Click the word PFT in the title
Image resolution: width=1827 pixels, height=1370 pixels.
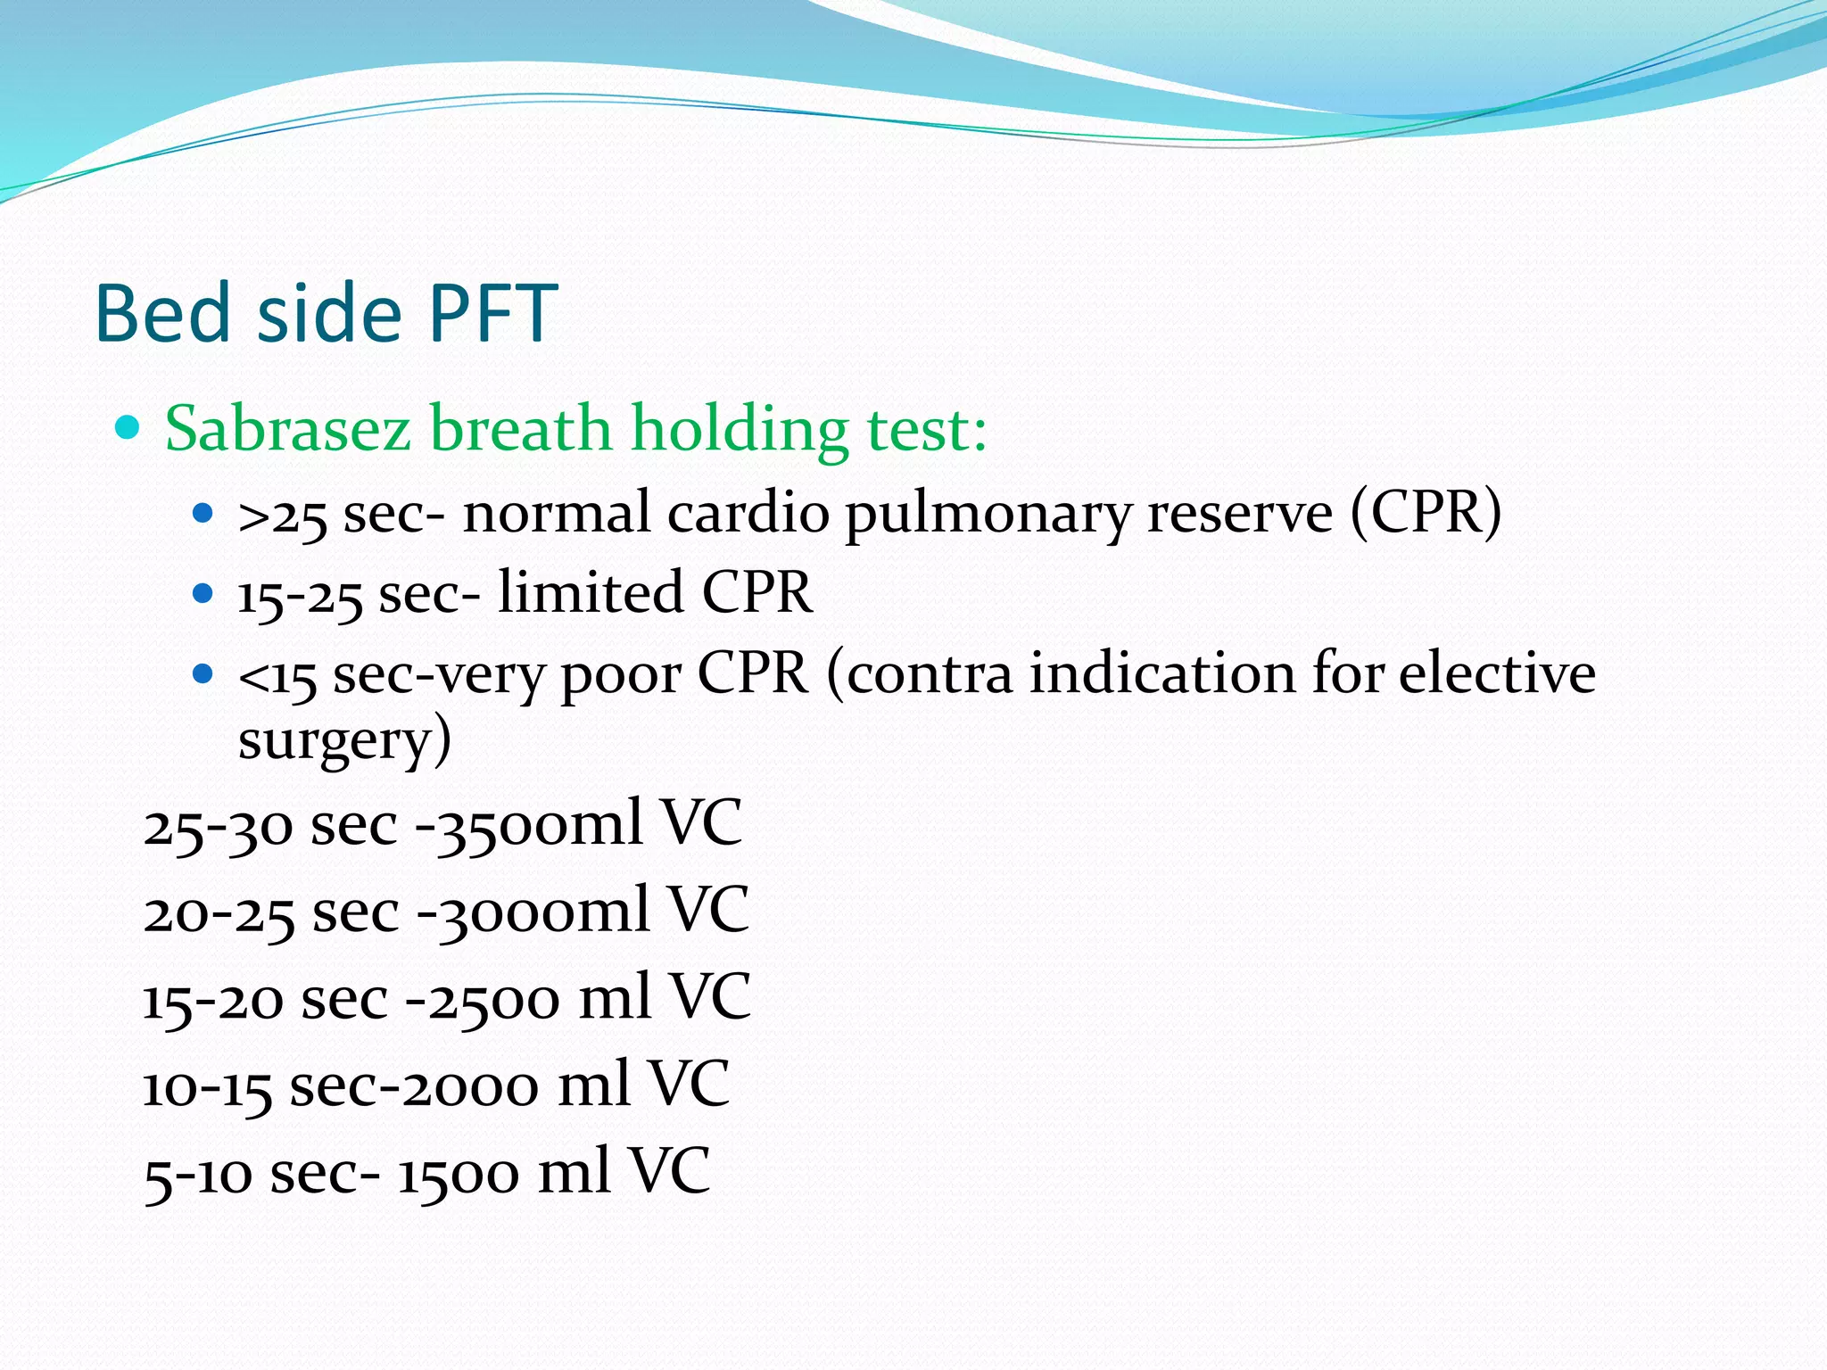(x=492, y=313)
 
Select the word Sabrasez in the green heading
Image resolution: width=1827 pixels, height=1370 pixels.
(x=287, y=429)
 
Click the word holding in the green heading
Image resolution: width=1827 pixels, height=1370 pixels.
(x=740, y=429)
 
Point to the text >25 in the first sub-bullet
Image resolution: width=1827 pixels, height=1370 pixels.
(x=282, y=516)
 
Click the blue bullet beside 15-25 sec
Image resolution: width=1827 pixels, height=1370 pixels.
(x=203, y=593)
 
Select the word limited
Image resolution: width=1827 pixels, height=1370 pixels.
(x=591, y=592)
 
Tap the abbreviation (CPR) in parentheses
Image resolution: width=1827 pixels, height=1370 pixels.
(x=1426, y=514)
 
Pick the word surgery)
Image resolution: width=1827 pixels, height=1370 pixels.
(x=344, y=740)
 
